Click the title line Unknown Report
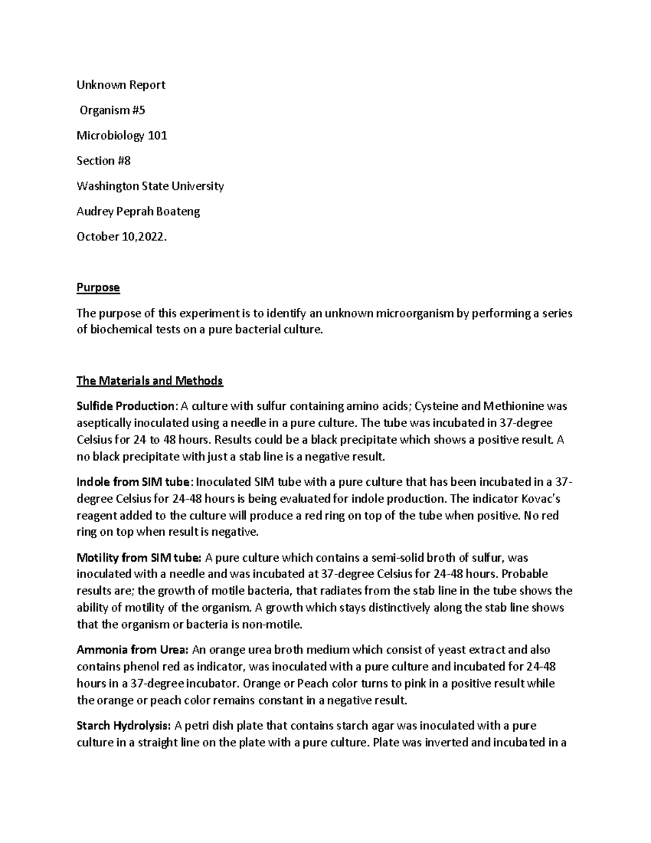coord(120,85)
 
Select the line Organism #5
coord(112,111)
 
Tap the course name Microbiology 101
coord(122,136)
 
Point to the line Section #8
coord(104,161)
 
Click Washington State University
coord(150,186)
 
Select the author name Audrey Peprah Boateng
coord(138,212)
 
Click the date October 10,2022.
coord(119,237)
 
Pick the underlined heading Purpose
coord(98,288)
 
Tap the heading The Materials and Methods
coord(150,381)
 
